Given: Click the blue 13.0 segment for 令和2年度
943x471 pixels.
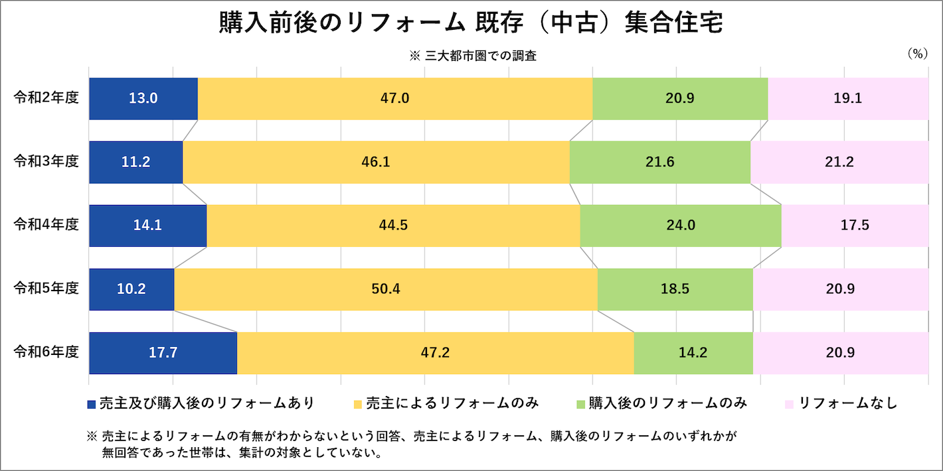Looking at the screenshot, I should (x=143, y=99).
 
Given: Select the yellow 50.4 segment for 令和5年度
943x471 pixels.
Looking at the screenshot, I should (x=386, y=289).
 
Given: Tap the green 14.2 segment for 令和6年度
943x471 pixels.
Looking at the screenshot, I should (x=693, y=353).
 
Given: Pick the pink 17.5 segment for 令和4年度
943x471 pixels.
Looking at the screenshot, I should (x=855, y=226).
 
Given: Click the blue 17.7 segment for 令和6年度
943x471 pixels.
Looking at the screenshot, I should (x=163, y=353).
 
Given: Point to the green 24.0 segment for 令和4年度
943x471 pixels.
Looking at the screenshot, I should (x=681, y=226).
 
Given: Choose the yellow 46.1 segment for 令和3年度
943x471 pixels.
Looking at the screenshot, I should (x=376, y=162).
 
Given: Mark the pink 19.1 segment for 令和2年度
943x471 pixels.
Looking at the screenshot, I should (x=848, y=99).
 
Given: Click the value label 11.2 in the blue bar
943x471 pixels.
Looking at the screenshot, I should (x=135, y=163).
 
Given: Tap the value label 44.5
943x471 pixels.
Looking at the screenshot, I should (x=393, y=226).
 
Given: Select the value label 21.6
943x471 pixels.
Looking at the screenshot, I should (x=660, y=163).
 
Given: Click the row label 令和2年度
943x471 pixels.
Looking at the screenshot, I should (x=46, y=98).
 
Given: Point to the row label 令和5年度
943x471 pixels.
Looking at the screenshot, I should (x=46, y=289).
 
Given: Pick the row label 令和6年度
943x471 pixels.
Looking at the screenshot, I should (x=46, y=352).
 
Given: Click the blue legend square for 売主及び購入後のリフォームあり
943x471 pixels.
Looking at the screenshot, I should (x=92, y=404).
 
